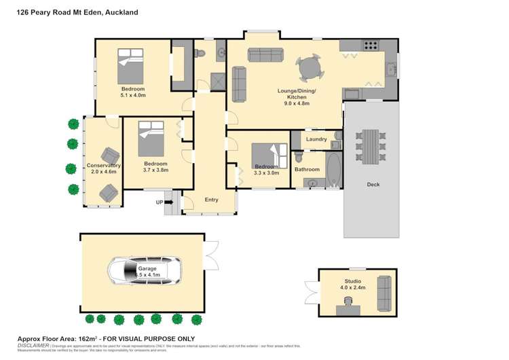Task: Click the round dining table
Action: [x=309, y=69]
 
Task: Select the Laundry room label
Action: [x=316, y=139]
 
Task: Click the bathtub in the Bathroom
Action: [x=333, y=169]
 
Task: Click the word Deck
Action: [x=373, y=184]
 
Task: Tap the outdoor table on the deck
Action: [x=371, y=146]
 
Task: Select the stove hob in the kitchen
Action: [x=371, y=46]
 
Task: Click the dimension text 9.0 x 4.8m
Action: [x=293, y=104]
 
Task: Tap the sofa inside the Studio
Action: [x=384, y=292]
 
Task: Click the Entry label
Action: [x=211, y=200]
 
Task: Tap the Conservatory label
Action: [x=103, y=165]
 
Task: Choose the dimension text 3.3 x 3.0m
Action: [x=266, y=173]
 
